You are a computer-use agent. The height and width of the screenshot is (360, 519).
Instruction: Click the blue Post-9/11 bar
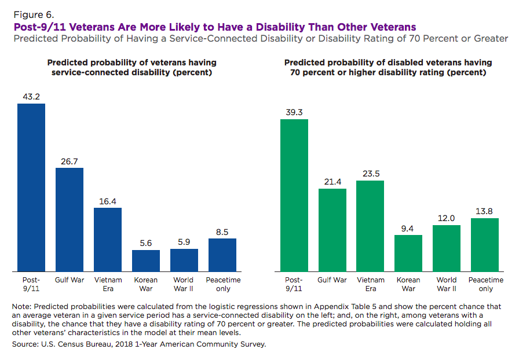tap(31, 188)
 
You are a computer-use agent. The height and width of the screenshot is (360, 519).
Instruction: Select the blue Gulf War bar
tap(70, 219)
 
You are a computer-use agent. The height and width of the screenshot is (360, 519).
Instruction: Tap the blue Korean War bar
tap(146, 260)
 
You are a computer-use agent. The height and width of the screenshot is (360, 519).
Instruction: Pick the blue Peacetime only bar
tap(222, 255)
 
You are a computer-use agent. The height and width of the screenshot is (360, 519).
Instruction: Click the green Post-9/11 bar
tap(294, 195)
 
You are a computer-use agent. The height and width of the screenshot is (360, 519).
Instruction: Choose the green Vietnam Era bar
tap(371, 226)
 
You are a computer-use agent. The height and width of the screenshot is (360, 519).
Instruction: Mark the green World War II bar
tap(447, 248)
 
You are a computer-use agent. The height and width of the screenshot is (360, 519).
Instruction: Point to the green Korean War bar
tap(409, 253)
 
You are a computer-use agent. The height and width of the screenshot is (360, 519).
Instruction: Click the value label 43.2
tap(31, 96)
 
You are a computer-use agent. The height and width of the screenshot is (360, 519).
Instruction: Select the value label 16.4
tap(108, 200)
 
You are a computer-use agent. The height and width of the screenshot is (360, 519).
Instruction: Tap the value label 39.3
tap(294, 112)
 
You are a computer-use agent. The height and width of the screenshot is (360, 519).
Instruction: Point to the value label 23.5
tap(371, 173)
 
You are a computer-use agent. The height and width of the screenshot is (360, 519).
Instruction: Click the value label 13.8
tap(485, 211)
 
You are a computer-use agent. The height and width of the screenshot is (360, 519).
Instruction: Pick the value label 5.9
tap(184, 242)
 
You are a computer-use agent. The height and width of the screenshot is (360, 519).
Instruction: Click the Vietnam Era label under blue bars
tap(108, 284)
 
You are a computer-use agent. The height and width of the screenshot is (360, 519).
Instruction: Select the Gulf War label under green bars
tap(332, 280)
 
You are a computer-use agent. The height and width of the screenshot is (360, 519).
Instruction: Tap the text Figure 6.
tap(30, 14)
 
